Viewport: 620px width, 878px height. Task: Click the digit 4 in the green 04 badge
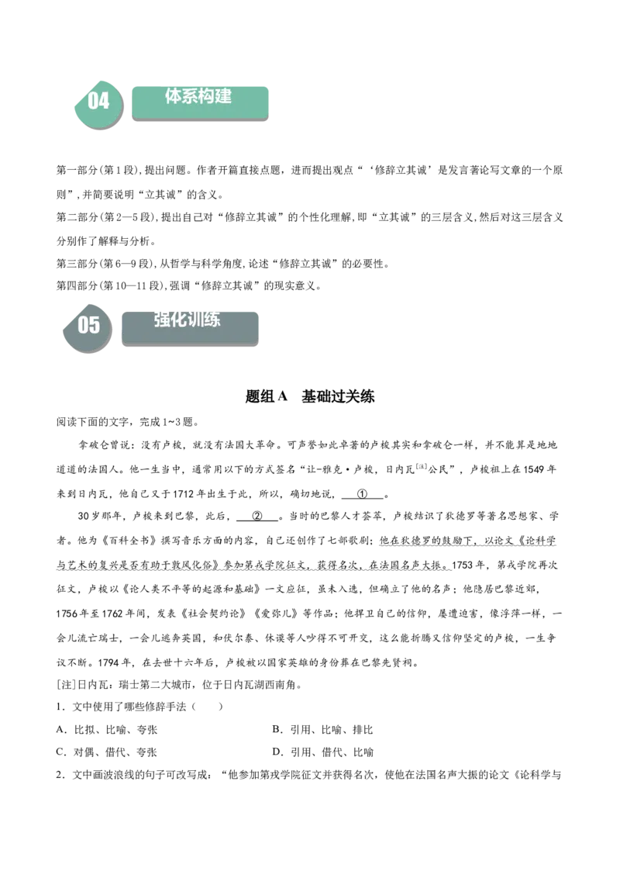[104, 101]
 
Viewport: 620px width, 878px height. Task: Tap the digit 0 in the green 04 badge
[93, 101]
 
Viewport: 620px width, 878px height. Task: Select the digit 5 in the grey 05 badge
[95, 325]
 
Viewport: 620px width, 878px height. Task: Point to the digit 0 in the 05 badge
[84, 325]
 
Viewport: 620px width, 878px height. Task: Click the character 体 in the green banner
[174, 96]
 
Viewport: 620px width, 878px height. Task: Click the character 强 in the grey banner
[163, 319]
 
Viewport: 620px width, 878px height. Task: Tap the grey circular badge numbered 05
[88, 327]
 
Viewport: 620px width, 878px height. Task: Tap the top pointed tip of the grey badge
[90, 300]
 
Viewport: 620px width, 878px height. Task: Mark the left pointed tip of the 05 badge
[63, 332]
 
